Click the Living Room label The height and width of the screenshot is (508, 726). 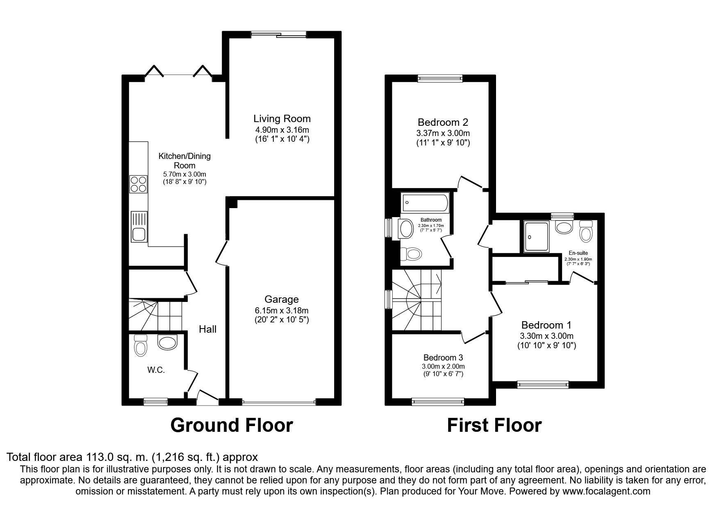[x=282, y=119]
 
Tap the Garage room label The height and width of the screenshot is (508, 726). [x=281, y=299]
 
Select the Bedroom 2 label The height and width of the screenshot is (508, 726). [x=443, y=122]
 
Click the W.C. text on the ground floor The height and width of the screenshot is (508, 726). [x=156, y=370]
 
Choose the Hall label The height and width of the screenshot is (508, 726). [x=208, y=329]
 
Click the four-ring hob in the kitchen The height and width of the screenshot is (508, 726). [x=139, y=184]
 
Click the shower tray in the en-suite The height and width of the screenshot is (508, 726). [x=536, y=237]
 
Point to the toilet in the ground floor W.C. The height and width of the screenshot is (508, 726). [x=140, y=345]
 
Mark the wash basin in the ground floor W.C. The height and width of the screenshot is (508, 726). [x=168, y=342]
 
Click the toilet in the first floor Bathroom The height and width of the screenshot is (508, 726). [x=411, y=254]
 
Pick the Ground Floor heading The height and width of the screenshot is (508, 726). [x=232, y=425]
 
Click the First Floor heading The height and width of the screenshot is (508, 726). [x=494, y=425]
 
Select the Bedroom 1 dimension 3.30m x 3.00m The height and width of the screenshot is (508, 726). [x=546, y=336]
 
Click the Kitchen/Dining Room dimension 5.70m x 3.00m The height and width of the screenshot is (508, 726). [x=184, y=174]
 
